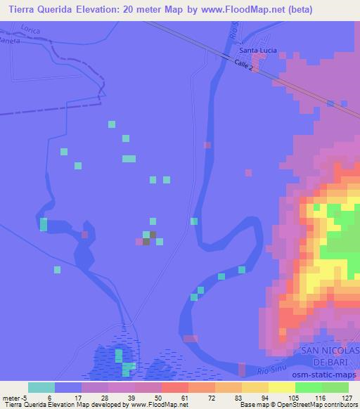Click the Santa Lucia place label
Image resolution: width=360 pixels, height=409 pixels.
point(259,51)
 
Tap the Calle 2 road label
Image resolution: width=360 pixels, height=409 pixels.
point(240,65)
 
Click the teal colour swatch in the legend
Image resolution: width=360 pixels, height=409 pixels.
point(41,387)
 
